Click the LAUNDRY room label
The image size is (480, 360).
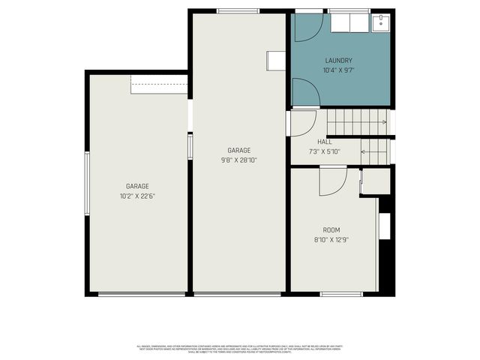click(339, 61)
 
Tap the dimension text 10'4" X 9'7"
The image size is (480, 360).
click(339, 70)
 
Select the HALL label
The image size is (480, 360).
click(325, 142)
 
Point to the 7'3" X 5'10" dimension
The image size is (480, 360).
click(325, 151)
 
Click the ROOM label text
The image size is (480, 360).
click(331, 231)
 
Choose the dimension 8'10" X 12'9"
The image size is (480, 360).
click(331, 240)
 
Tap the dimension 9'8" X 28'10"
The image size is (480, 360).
click(239, 160)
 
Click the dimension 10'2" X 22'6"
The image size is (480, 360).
click(137, 196)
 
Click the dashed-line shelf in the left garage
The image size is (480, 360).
click(159, 85)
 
